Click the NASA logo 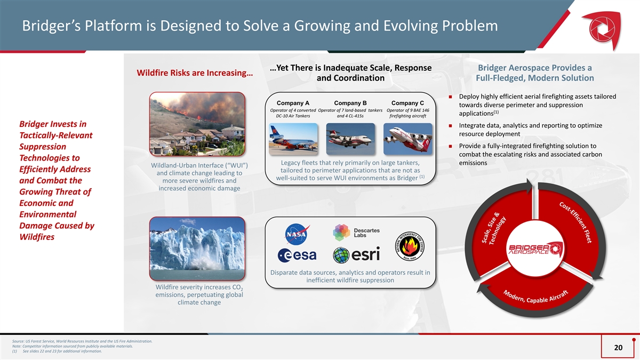[297, 234]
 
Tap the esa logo [297, 255]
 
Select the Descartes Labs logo [356, 233]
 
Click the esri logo [356, 255]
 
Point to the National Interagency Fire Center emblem [410, 246]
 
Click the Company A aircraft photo [293, 139]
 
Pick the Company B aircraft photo [350, 139]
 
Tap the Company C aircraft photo [407, 139]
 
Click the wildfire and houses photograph [197, 124]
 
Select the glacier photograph [197, 249]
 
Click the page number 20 [618, 347]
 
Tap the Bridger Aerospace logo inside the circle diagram [535, 249]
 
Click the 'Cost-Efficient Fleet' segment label [575, 222]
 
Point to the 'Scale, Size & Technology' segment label [494, 228]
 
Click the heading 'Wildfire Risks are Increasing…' [195, 73]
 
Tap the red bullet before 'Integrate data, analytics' [451, 125]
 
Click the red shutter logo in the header [602, 30]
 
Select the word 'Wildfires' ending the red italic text [37, 237]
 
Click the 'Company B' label [350, 103]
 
